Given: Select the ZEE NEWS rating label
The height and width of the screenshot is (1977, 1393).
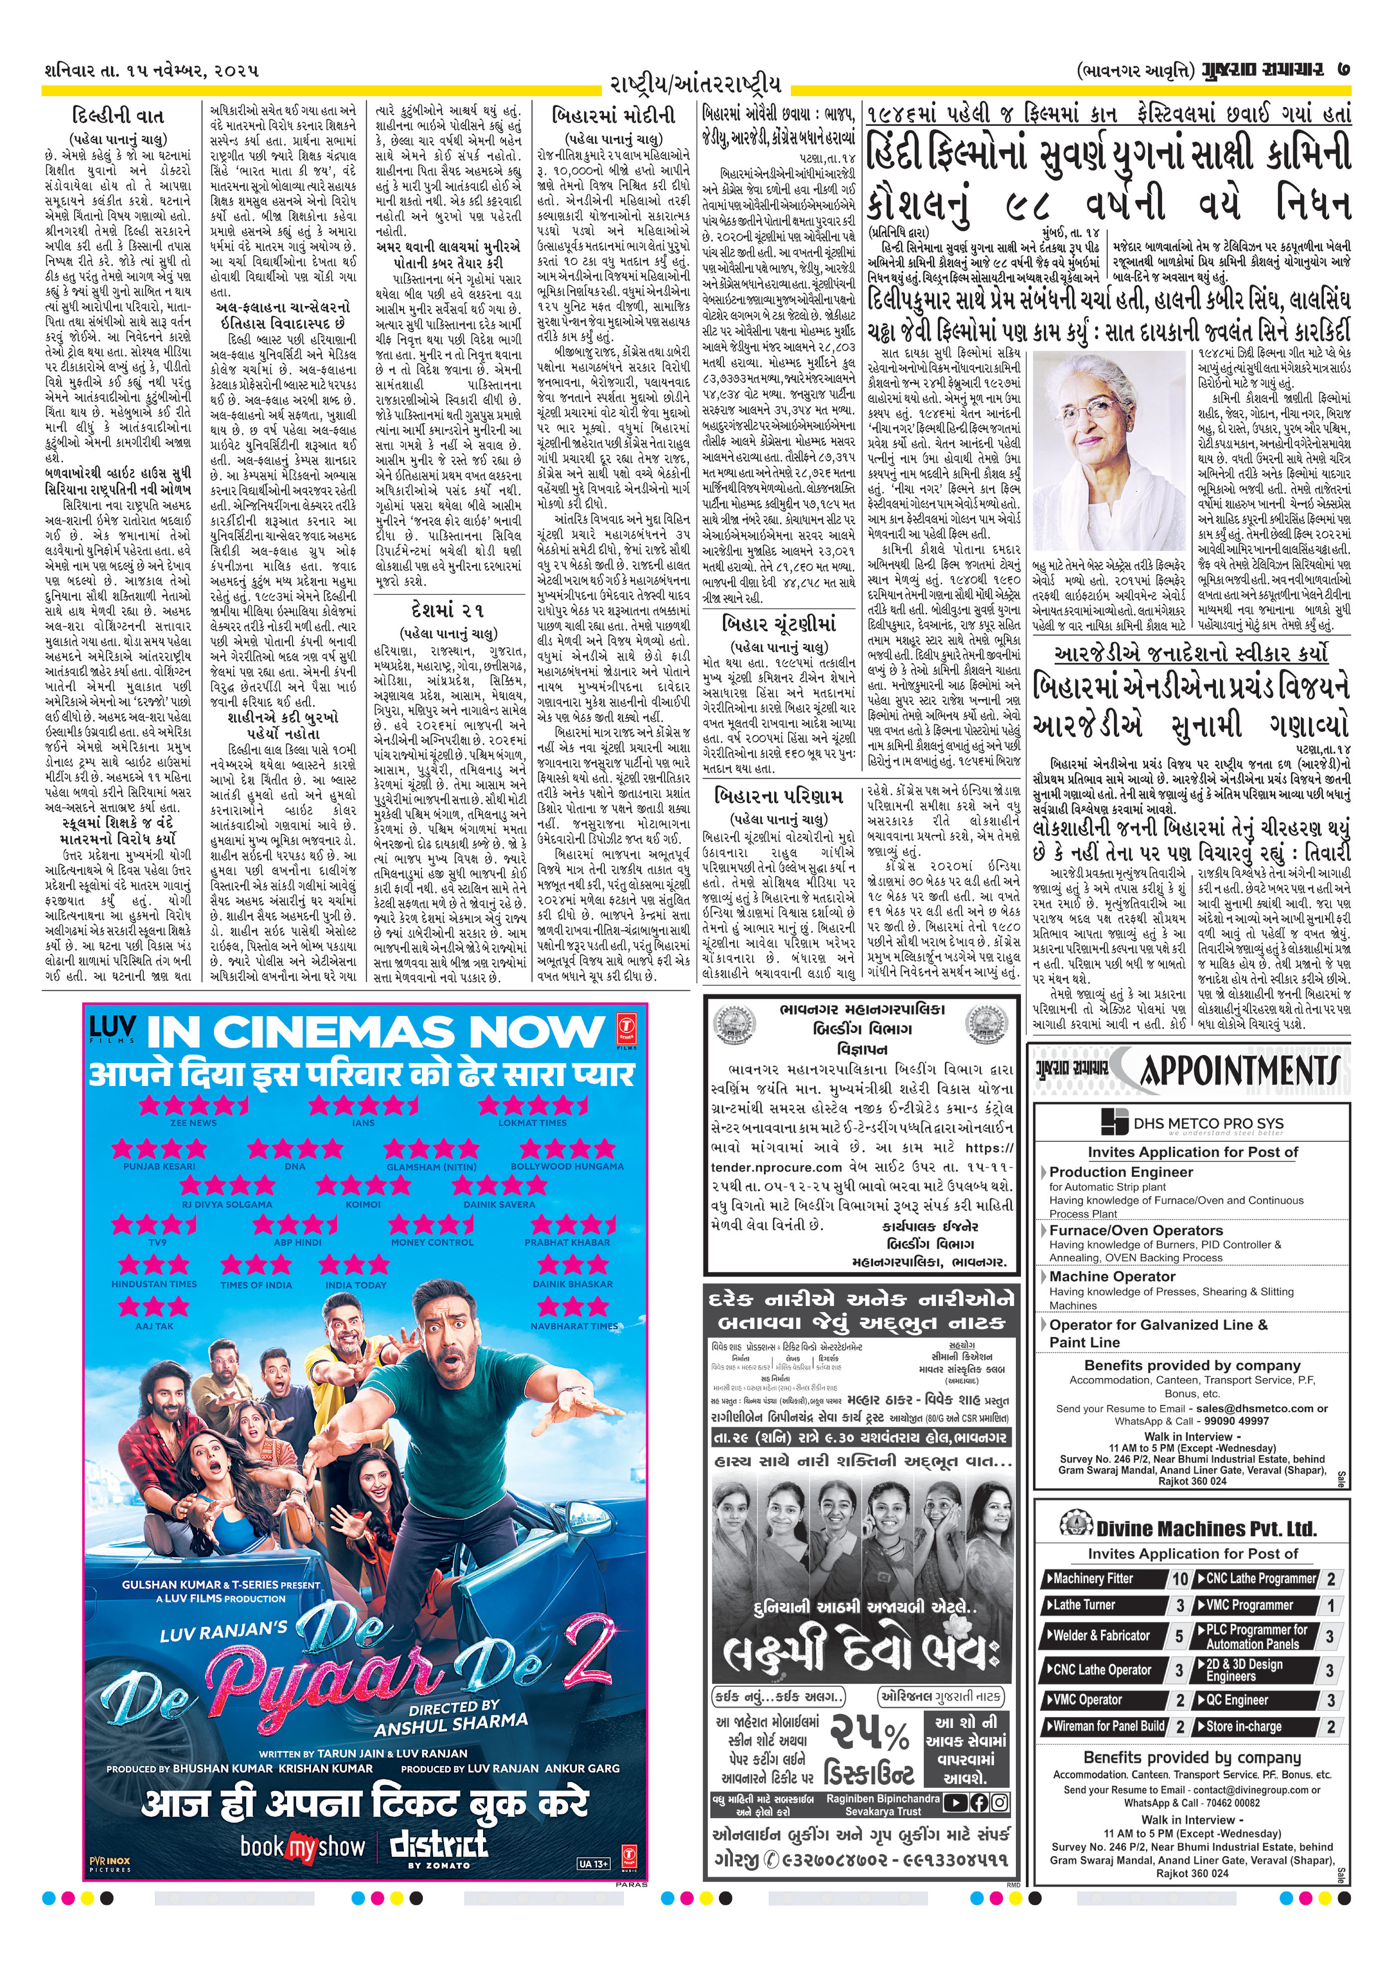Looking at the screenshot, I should point(193,1123).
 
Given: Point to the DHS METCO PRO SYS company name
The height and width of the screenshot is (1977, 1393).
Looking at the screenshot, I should point(1208,1124).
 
